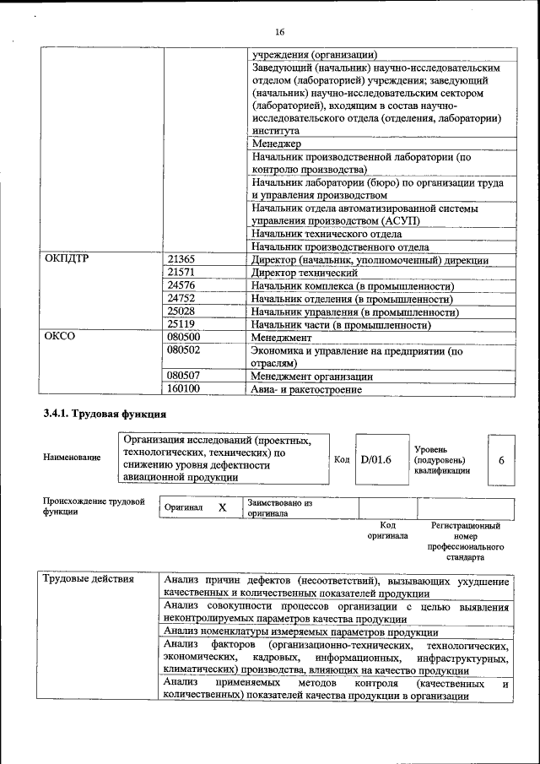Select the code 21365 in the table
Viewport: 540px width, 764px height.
181,260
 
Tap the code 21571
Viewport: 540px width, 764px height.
181,273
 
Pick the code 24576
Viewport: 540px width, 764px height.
181,286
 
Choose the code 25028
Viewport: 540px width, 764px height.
181,312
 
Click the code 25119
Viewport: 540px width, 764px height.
181,324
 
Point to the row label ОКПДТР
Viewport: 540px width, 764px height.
67,260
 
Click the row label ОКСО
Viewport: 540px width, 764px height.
60,337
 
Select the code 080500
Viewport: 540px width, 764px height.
184,337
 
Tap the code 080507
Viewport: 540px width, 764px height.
184,377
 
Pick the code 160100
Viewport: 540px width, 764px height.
184,389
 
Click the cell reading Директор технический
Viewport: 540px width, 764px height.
305,273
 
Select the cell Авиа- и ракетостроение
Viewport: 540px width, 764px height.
306,389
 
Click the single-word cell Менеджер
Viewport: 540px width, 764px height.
276,144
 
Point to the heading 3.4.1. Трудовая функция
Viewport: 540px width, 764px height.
105,415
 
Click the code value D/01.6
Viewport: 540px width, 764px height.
376,460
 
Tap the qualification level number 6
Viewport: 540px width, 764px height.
501,460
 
